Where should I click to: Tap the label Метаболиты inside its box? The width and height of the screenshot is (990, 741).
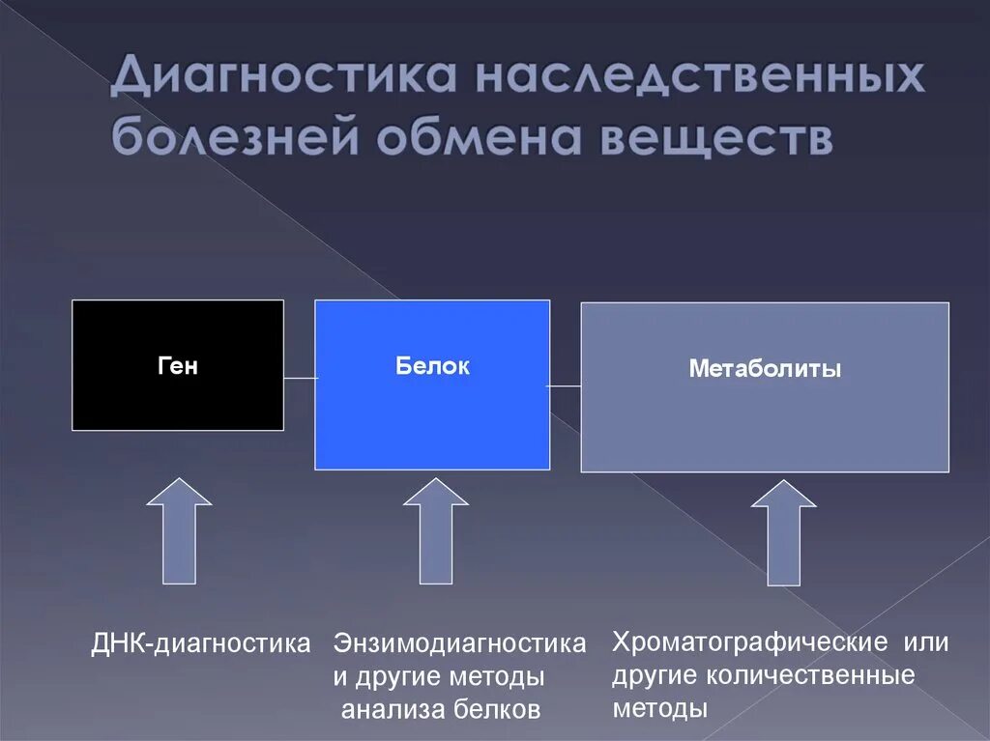pos(764,369)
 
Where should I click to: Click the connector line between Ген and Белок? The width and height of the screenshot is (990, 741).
pos(300,378)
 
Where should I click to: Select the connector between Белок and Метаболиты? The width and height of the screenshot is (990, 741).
pos(566,386)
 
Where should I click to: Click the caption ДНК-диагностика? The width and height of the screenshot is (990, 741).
pos(202,642)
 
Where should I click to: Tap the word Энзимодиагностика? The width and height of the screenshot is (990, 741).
pos(459,643)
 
